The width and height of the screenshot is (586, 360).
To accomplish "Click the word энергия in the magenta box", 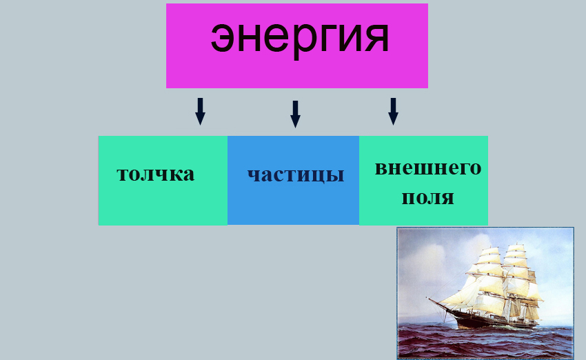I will (x=300, y=37).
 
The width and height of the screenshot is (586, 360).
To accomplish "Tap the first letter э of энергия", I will (x=223, y=39).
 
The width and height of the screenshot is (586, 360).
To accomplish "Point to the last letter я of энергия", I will (x=376, y=39).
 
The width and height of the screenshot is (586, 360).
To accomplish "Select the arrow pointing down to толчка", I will (x=200, y=111).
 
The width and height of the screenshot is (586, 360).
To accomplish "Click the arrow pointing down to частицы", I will (x=295, y=114).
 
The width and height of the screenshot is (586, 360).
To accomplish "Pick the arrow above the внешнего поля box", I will (x=393, y=111).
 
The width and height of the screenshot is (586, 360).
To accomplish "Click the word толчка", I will (x=156, y=173).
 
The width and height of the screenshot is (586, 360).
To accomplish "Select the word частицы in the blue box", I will (x=296, y=174).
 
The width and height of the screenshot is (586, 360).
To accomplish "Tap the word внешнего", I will (x=427, y=168).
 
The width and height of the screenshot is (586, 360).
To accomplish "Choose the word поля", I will (x=427, y=198).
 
